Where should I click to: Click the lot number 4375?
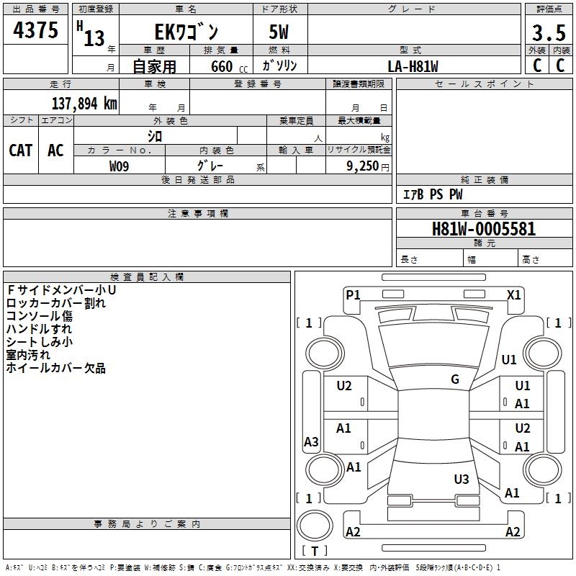[36, 31]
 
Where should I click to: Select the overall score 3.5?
[547, 33]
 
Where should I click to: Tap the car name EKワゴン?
[186, 32]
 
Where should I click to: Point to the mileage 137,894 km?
[84, 104]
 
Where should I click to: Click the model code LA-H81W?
[413, 66]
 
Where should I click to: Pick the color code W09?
[120, 166]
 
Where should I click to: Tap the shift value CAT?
[21, 150]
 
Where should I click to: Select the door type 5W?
[279, 32]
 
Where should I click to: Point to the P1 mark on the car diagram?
[353, 294]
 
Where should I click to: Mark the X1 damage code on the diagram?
[514, 294]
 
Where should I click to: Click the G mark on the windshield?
[455, 379]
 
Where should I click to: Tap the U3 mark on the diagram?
[462, 479]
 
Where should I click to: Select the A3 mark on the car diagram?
[311, 442]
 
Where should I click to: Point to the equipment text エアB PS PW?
[432, 194]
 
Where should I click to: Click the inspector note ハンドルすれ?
[39, 329]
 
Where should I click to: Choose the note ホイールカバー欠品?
[55, 369]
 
